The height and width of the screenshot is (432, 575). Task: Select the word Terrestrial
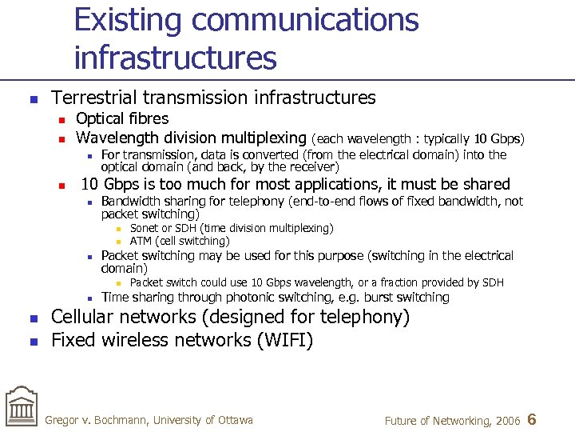(96, 98)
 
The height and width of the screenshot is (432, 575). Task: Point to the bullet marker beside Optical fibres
(60, 119)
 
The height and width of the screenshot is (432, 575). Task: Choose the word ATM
(141, 241)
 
